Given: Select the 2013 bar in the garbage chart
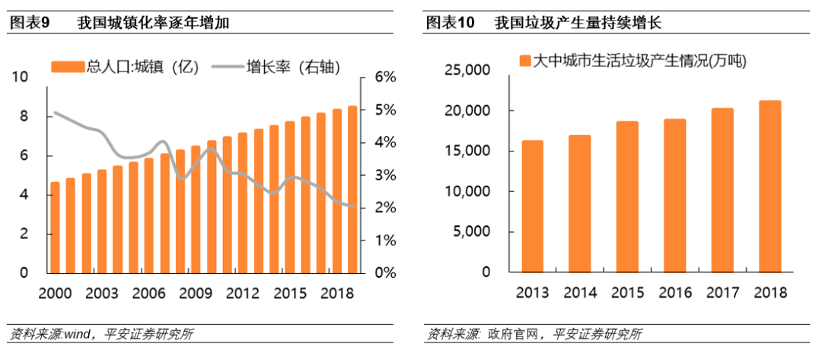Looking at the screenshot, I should (531, 206).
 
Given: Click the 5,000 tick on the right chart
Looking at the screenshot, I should (471, 232).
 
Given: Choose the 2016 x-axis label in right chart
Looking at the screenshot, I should (674, 292).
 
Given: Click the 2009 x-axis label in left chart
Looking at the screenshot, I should (196, 292).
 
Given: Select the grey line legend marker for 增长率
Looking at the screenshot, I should (224, 67).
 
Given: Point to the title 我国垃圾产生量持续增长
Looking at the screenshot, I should (578, 23).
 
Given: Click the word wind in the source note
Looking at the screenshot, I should (77, 333).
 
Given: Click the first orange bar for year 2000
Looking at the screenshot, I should (55, 227).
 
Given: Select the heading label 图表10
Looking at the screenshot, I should (450, 23).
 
